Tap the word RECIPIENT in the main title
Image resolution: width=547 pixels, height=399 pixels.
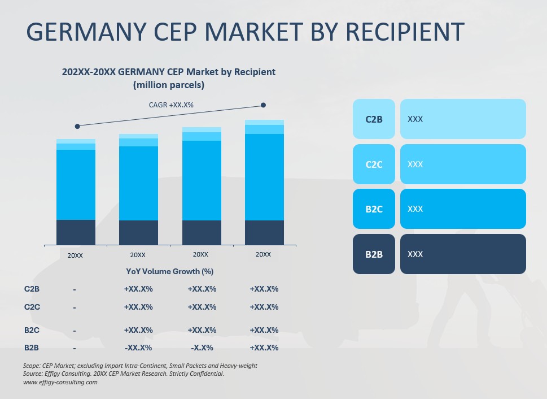tap(405, 32)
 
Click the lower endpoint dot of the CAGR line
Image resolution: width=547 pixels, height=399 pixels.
tap(77, 126)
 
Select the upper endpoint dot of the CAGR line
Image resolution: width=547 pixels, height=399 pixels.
tap(263, 105)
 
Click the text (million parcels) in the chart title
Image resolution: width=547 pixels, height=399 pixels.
tap(168, 85)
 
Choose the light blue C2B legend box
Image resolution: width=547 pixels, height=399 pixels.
tap(374, 119)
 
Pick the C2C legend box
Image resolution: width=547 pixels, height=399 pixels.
tap(374, 164)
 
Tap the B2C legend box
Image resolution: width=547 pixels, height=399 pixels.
tap(374, 209)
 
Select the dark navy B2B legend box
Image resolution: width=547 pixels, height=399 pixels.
tap(374, 254)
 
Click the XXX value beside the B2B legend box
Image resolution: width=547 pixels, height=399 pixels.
tap(415, 254)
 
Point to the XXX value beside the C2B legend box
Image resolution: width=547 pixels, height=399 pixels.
tap(415, 119)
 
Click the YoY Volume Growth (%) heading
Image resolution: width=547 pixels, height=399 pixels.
tap(169, 271)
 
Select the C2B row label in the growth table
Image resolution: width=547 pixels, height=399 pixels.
tap(32, 289)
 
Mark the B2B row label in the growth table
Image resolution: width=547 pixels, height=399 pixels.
tap(32, 348)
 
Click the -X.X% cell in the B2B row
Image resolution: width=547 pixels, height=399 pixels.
tap(202, 348)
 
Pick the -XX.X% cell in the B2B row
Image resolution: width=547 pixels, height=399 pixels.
tap(138, 348)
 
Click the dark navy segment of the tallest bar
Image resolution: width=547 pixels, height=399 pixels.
tap(264, 232)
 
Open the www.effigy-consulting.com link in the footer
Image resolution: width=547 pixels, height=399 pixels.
tap(60, 382)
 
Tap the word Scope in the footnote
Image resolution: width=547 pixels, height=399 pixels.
tap(32, 366)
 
